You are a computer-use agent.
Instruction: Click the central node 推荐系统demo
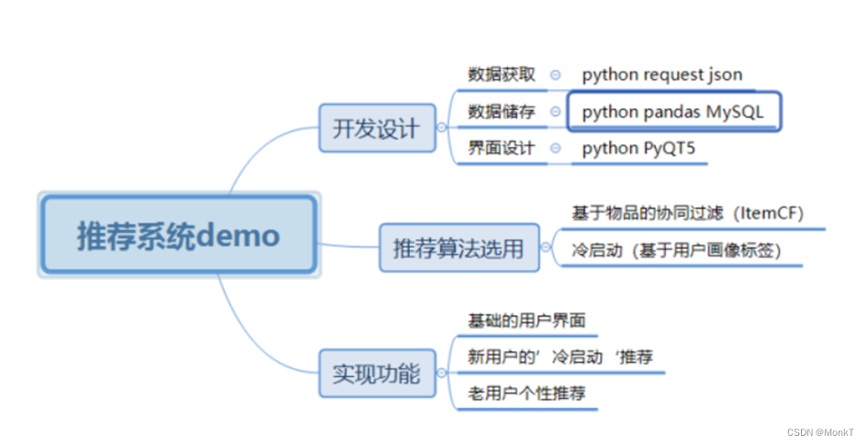[x=177, y=235]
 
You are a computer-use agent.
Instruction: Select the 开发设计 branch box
[x=377, y=129]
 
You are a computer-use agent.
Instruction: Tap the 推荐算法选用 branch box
[x=458, y=247]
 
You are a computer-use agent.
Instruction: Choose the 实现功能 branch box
[x=377, y=373]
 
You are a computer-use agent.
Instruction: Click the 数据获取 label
[x=501, y=74]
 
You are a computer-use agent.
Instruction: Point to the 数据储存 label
[x=501, y=111]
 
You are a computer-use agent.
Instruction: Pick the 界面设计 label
[x=501, y=148]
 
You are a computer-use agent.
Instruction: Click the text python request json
[x=662, y=74]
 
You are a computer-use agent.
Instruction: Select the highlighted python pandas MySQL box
[x=674, y=111]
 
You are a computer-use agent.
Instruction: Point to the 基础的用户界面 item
[x=526, y=321]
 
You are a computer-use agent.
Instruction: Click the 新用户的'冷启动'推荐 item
[x=560, y=357]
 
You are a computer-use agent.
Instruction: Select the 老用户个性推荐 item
[x=526, y=394]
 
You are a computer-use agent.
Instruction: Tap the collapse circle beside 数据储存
[x=556, y=112]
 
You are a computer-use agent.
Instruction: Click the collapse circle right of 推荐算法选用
[x=549, y=248]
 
